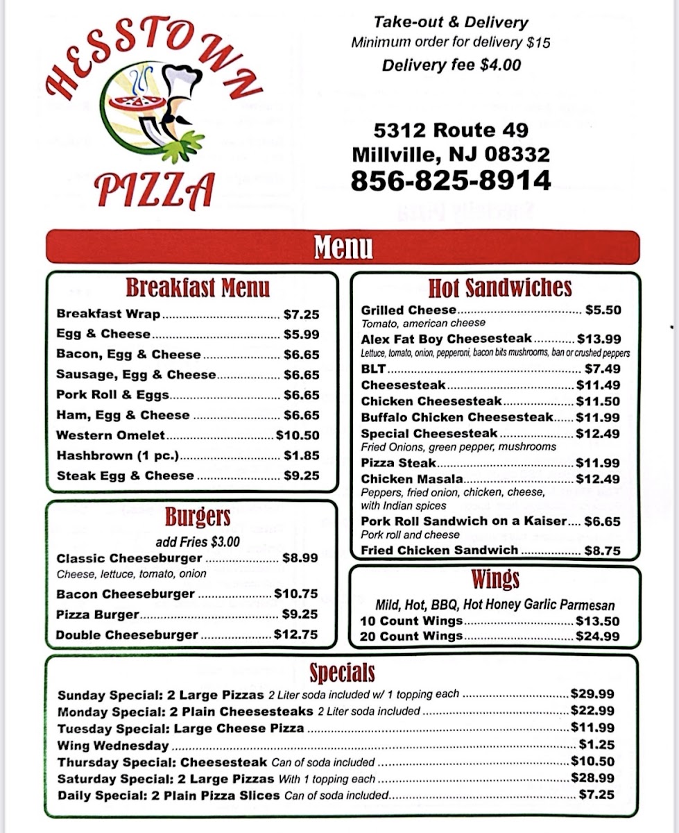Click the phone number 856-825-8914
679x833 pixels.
pos(451,180)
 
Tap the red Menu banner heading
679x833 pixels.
pos(343,247)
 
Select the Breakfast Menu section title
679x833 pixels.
pos(198,287)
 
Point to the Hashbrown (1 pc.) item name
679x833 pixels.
pos(118,455)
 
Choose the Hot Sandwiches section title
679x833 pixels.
pos(499,288)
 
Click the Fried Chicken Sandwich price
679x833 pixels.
pos(602,550)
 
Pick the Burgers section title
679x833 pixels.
pos(198,517)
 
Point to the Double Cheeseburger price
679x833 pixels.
pos(296,634)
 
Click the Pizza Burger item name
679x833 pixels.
pos(98,614)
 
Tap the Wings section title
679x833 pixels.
pos(495,579)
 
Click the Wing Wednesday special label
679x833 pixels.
pos(113,746)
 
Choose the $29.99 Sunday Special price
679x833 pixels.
pos(592,693)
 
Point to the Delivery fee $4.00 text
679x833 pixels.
pos(451,65)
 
